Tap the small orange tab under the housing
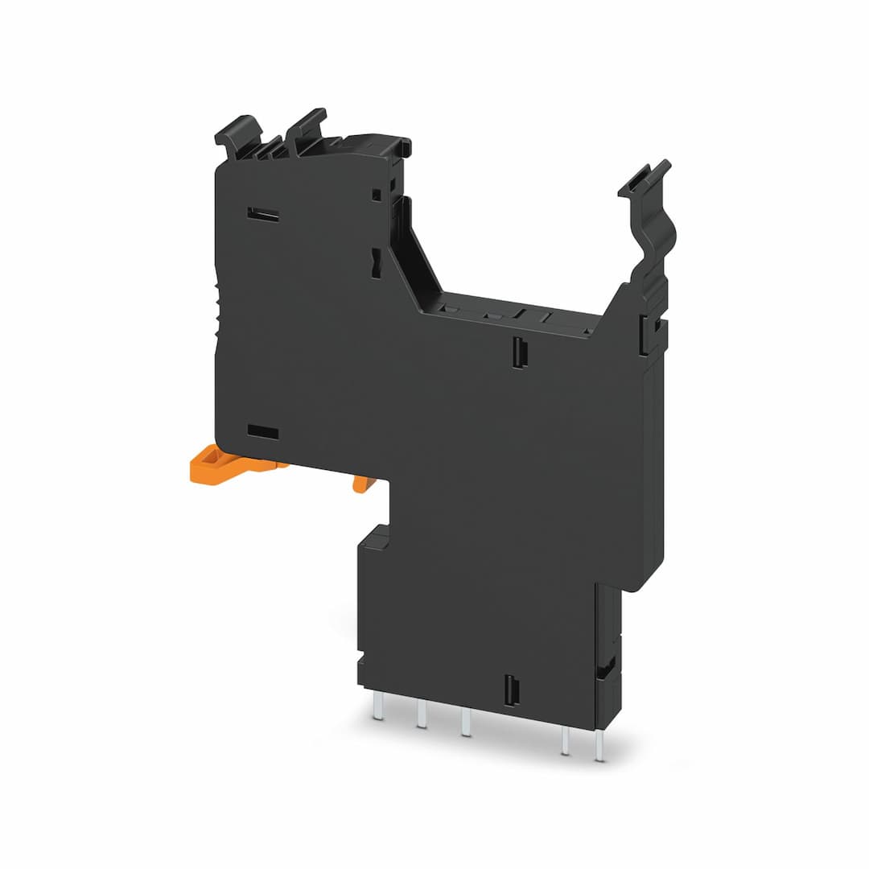coord(364,483)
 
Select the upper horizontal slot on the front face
coord(263,215)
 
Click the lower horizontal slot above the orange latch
coord(263,432)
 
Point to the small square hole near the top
coord(376,194)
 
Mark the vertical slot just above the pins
coord(509,690)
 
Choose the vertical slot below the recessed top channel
coord(517,352)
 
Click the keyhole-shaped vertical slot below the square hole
coord(376,263)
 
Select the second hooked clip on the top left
coord(307,124)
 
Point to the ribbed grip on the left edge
coord(217,314)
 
